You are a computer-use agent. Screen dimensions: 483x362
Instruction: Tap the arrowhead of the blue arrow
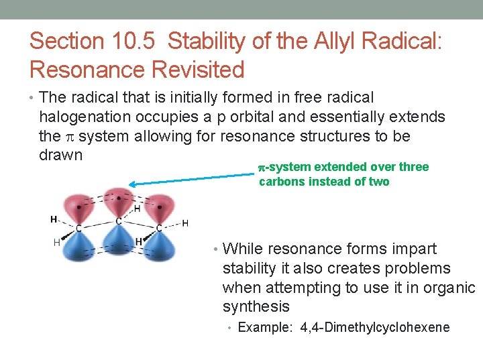pyautogui.click(x=133, y=183)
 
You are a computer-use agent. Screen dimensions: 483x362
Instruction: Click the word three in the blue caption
pyautogui.click(x=413, y=167)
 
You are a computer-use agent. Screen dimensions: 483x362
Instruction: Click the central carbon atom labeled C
pyautogui.click(x=118, y=221)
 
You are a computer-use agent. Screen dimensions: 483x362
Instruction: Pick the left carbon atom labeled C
pyautogui.click(x=78, y=228)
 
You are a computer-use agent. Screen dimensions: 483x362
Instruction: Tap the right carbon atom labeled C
pyautogui.click(x=159, y=228)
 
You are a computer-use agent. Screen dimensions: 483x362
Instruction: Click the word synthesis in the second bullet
pyautogui.click(x=256, y=307)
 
